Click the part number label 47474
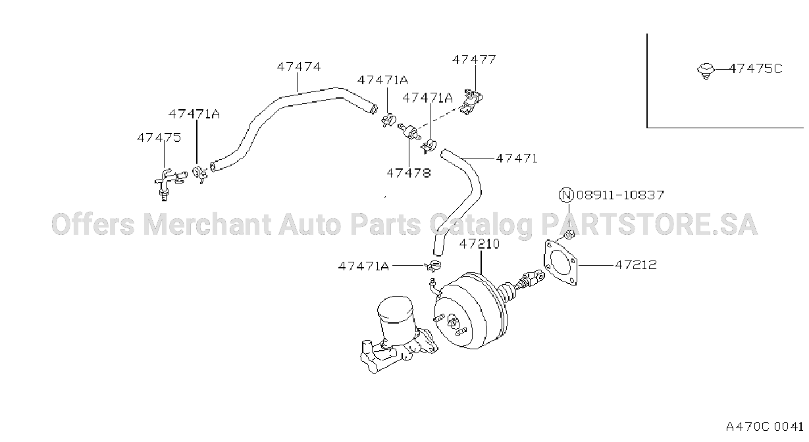pos(299,66)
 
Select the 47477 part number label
pos(474,60)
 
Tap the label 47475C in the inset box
pos(756,68)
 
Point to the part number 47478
pos(409,173)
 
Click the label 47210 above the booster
pos(479,244)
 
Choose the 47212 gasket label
pos(636,265)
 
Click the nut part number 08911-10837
pos(620,195)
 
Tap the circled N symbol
pos(566,195)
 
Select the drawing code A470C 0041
pos(764,427)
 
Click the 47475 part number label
pos(159,137)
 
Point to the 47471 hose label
pos(517,159)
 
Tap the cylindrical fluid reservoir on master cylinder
pos(396,319)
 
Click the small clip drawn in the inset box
pos(706,70)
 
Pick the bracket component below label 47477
pos(472,101)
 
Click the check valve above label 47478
pos(409,132)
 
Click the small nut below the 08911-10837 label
pos(569,234)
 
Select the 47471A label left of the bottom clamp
pos(363,266)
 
